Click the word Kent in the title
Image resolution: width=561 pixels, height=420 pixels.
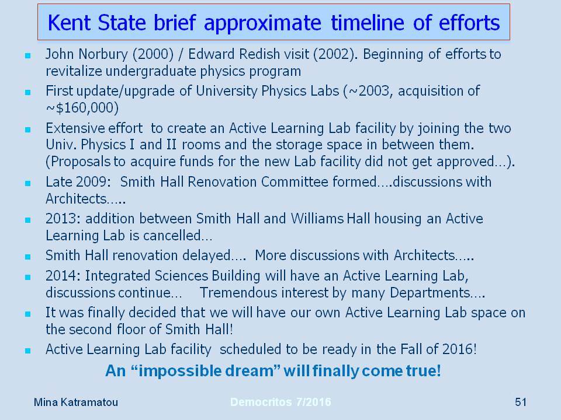[x=69, y=23]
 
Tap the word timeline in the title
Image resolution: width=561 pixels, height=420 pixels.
[x=368, y=23]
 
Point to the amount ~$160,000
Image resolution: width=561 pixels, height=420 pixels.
[x=82, y=107]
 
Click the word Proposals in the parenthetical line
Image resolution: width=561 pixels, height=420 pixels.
[x=78, y=162]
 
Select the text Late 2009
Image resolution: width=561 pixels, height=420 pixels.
[x=76, y=182]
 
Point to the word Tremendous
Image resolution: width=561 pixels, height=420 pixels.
[x=238, y=292]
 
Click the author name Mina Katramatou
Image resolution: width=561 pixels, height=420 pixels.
[x=76, y=402]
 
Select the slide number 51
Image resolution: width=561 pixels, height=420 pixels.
[x=521, y=402]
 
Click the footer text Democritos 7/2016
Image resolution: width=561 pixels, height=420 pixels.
[x=280, y=402]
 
